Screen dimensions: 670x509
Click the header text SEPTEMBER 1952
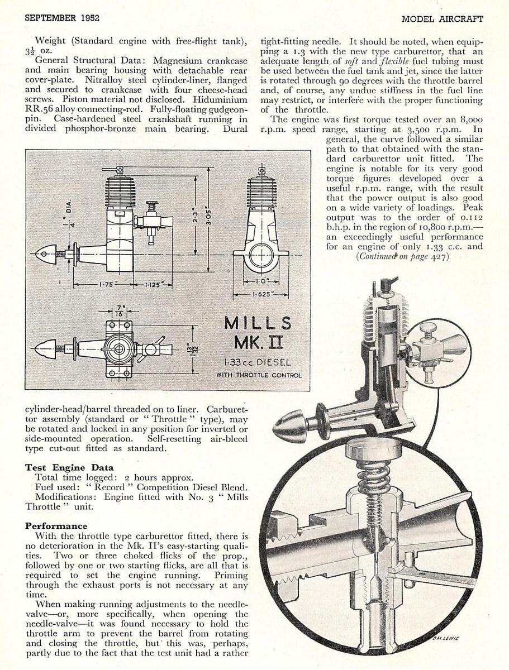tap(62, 18)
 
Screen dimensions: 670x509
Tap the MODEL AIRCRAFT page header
tap(442, 18)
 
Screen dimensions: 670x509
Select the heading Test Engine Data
tap(69, 467)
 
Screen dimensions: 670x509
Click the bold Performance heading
tap(56, 526)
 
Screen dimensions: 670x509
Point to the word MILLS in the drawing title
tap(258, 323)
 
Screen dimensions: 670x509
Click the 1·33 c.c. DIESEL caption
tap(258, 362)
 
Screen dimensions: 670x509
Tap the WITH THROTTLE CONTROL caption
tap(259, 375)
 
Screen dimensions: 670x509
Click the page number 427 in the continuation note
tap(439, 256)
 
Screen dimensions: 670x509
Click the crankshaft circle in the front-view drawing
tap(261, 257)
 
